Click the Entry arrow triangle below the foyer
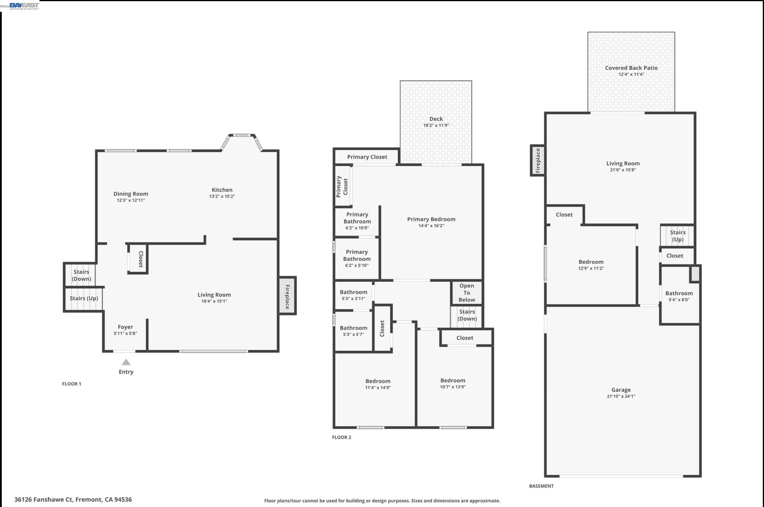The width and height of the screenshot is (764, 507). point(126,362)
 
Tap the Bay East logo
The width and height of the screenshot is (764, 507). point(24,6)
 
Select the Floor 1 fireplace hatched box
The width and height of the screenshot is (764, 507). point(287,296)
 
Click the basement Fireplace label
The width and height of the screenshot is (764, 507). point(538,160)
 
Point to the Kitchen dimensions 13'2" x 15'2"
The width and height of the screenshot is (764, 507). point(222,196)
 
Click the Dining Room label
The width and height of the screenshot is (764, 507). point(131,194)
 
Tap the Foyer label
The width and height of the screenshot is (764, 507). point(125,327)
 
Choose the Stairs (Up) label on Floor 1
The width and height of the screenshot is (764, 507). point(84,298)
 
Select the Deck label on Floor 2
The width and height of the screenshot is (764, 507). point(436,119)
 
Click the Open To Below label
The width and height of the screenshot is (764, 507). point(467,293)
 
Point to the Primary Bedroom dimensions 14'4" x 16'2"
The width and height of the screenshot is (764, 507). point(431,226)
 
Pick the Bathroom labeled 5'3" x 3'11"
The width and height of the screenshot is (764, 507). point(353,295)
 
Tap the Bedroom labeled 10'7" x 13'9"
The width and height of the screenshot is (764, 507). point(452,383)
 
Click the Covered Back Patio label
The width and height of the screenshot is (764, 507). point(631,68)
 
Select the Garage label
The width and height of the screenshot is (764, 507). point(621,390)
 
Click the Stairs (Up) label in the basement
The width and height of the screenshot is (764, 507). point(677,236)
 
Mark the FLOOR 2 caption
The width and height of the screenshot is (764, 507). point(341,437)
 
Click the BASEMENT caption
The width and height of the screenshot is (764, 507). point(541,486)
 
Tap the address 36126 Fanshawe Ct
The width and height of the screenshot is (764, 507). point(73,499)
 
